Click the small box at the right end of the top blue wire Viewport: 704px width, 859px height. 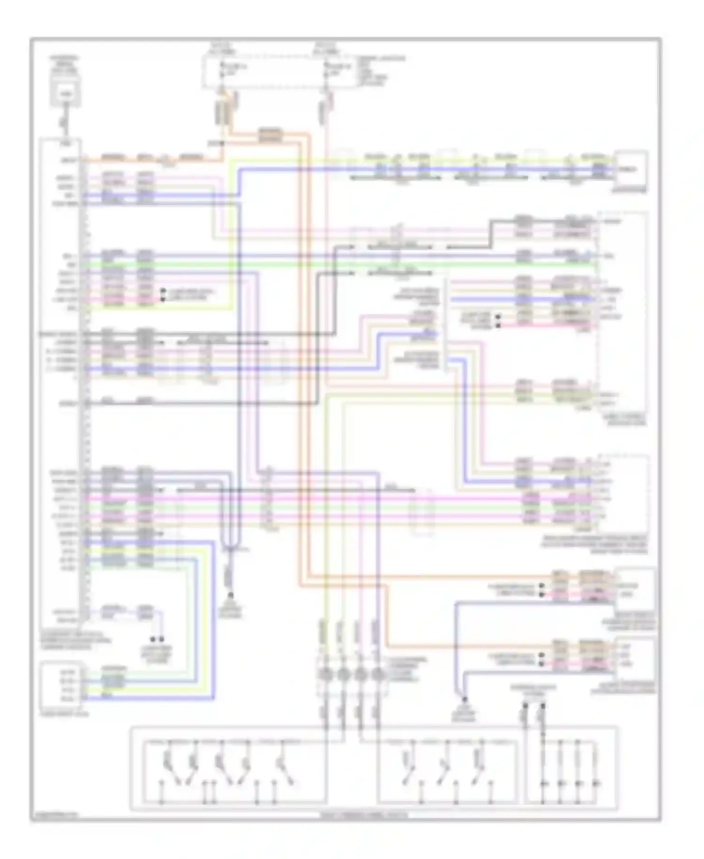(632, 169)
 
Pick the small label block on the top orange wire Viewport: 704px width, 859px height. (271, 135)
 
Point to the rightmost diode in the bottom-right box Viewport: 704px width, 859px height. (596, 784)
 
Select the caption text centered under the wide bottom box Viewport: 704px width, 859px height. (374, 815)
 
